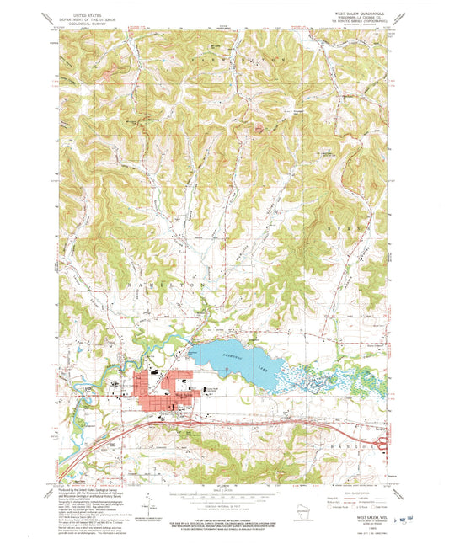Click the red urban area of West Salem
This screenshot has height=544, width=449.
[x=168, y=388]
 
